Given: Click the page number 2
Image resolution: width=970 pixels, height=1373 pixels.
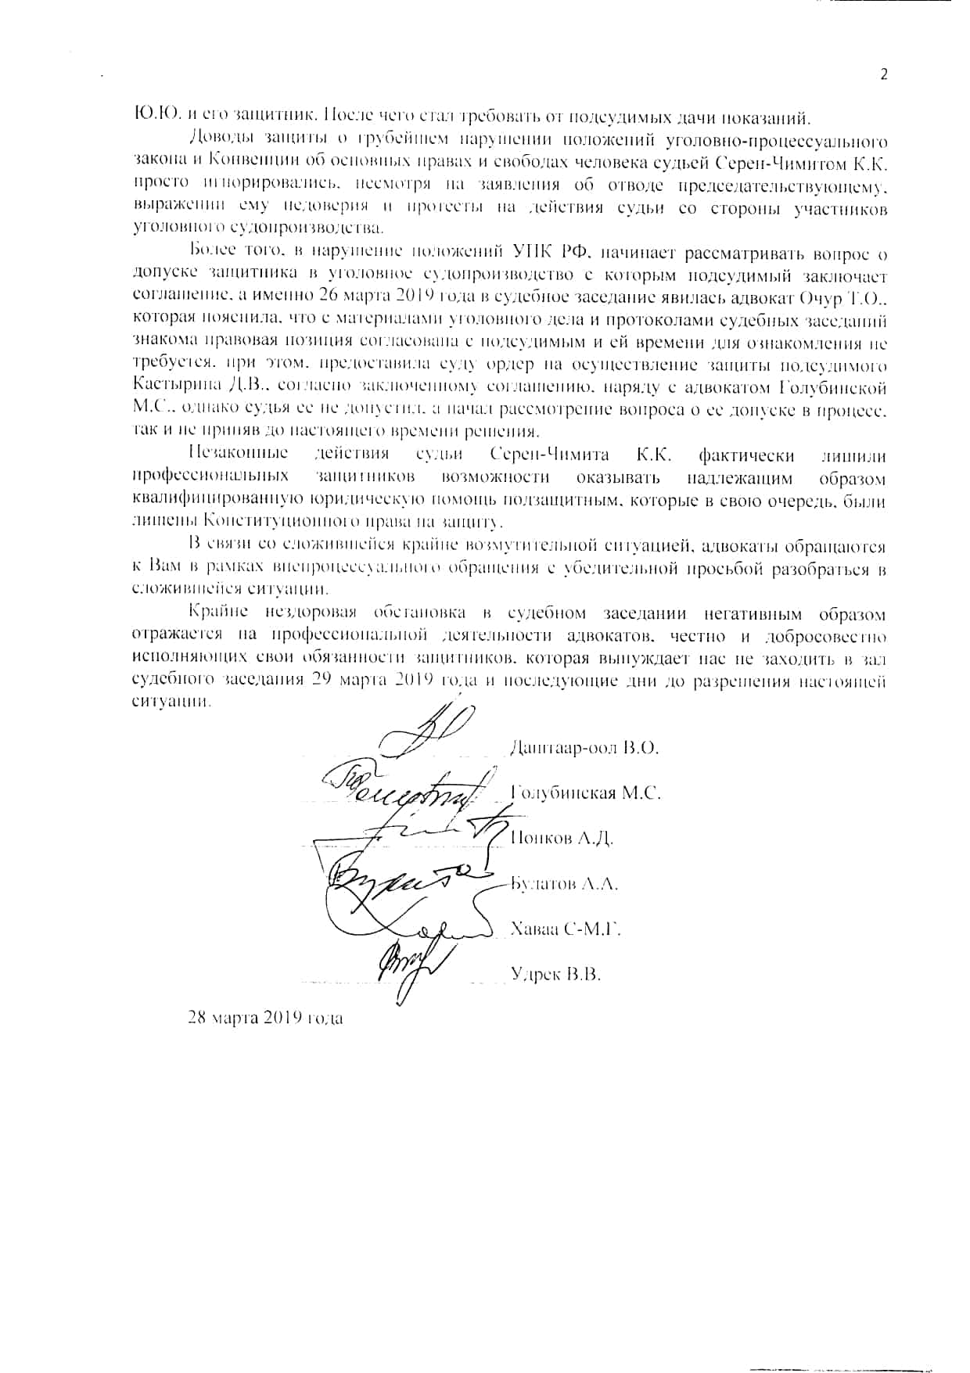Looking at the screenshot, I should [x=884, y=75].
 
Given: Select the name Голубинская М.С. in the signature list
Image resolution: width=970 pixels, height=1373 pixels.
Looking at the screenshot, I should [x=586, y=793].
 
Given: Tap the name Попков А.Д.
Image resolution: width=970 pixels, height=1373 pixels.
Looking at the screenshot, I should [x=562, y=839].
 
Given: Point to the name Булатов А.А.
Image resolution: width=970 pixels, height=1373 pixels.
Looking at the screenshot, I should [x=564, y=884].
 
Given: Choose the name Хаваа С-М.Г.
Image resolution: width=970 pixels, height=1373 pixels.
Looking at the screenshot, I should [x=565, y=929].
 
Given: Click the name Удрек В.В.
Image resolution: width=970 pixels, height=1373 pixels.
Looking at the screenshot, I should [x=555, y=974].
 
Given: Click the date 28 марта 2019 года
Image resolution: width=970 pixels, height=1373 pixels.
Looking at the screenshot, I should [x=265, y=1018].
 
